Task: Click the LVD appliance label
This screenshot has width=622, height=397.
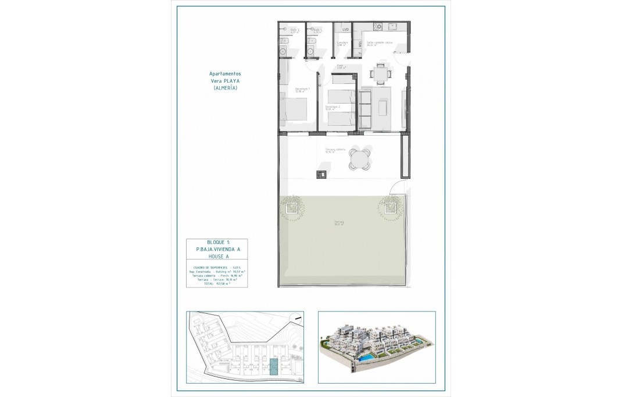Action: click(x=345, y=29)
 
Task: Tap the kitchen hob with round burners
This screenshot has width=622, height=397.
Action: click(x=377, y=27)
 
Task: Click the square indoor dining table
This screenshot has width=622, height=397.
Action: click(x=381, y=73)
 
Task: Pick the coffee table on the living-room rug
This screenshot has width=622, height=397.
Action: click(x=384, y=106)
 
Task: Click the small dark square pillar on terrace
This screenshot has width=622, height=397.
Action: click(x=320, y=172)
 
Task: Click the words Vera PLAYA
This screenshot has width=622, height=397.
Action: click(x=225, y=80)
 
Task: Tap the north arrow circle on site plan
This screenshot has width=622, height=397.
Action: click(x=296, y=318)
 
